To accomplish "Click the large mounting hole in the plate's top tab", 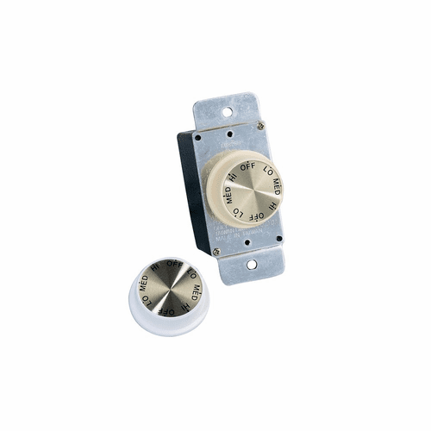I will click(227, 111).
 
